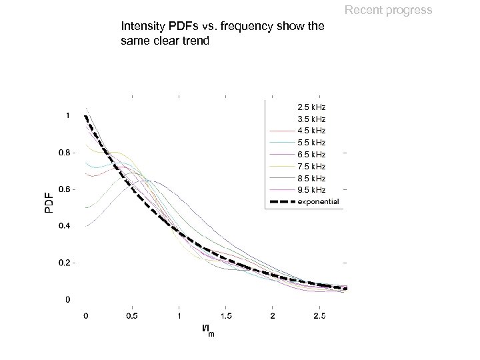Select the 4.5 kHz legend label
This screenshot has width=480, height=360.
click(311, 130)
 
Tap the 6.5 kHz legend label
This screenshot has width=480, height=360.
click(311, 154)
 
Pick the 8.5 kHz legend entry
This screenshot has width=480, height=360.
click(311, 178)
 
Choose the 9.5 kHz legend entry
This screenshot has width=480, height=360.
click(311, 190)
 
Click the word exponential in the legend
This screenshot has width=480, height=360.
click(318, 202)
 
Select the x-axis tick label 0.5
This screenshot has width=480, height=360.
click(132, 315)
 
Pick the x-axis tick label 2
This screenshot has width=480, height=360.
click(272, 315)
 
